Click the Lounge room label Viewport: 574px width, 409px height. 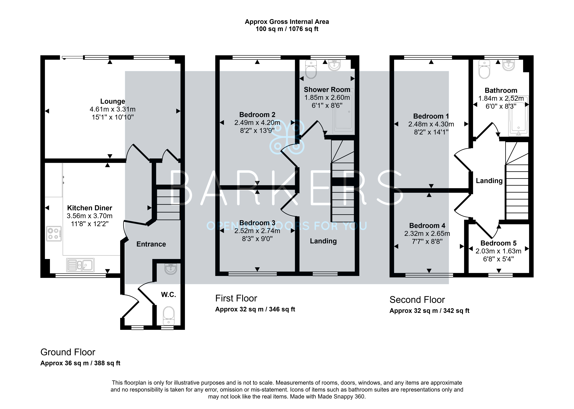[113, 101]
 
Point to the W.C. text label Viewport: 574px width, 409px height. [169, 295]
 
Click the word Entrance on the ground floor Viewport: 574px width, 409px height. [151, 244]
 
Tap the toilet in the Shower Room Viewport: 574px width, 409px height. [311, 69]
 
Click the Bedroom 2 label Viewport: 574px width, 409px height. [257, 115]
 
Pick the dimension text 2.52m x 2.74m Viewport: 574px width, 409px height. [257, 231]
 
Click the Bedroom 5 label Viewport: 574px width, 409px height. [498, 243]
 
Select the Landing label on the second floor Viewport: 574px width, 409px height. [489, 181]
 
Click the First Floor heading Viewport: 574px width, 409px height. [236, 298]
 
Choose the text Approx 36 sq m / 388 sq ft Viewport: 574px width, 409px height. [80, 363]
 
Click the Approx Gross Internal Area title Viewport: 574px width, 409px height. [287, 22]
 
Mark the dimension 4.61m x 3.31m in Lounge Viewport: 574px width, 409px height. [113, 109]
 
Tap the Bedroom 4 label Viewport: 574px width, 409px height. [427, 226]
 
